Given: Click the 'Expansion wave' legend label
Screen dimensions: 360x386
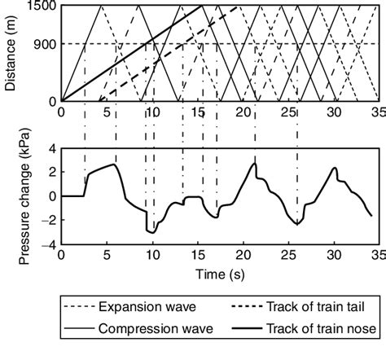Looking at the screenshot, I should [x=145, y=308].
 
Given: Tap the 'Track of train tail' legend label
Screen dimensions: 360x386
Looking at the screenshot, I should [x=315, y=308].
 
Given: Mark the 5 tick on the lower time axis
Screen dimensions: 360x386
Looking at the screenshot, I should [x=107, y=254].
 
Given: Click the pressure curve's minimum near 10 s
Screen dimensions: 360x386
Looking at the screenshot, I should [x=151, y=233].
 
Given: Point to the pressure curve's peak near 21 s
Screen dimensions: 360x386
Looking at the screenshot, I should [x=255, y=164].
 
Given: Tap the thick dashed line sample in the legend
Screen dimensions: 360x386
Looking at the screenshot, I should [x=236, y=308].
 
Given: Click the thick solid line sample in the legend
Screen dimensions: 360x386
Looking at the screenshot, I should [x=236, y=329].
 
